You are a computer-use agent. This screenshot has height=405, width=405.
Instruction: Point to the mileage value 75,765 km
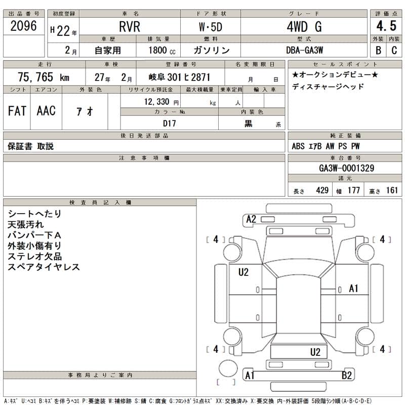44,77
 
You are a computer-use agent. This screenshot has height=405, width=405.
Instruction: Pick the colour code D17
169,123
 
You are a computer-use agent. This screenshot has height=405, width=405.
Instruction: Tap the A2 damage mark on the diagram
251,219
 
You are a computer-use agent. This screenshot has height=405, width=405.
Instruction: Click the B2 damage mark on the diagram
347,375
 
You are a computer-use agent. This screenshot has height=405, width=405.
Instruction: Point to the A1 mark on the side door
353,289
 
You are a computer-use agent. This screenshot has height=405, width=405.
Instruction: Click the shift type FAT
17,111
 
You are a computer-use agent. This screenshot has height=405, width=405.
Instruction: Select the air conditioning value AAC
46,111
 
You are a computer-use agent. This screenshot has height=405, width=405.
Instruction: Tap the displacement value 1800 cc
162,50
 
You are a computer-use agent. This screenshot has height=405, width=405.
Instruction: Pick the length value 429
322,190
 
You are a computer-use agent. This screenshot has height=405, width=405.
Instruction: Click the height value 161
392,190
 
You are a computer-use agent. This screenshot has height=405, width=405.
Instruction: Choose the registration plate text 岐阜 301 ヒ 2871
179,77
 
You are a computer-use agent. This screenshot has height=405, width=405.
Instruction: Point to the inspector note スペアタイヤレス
44,267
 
